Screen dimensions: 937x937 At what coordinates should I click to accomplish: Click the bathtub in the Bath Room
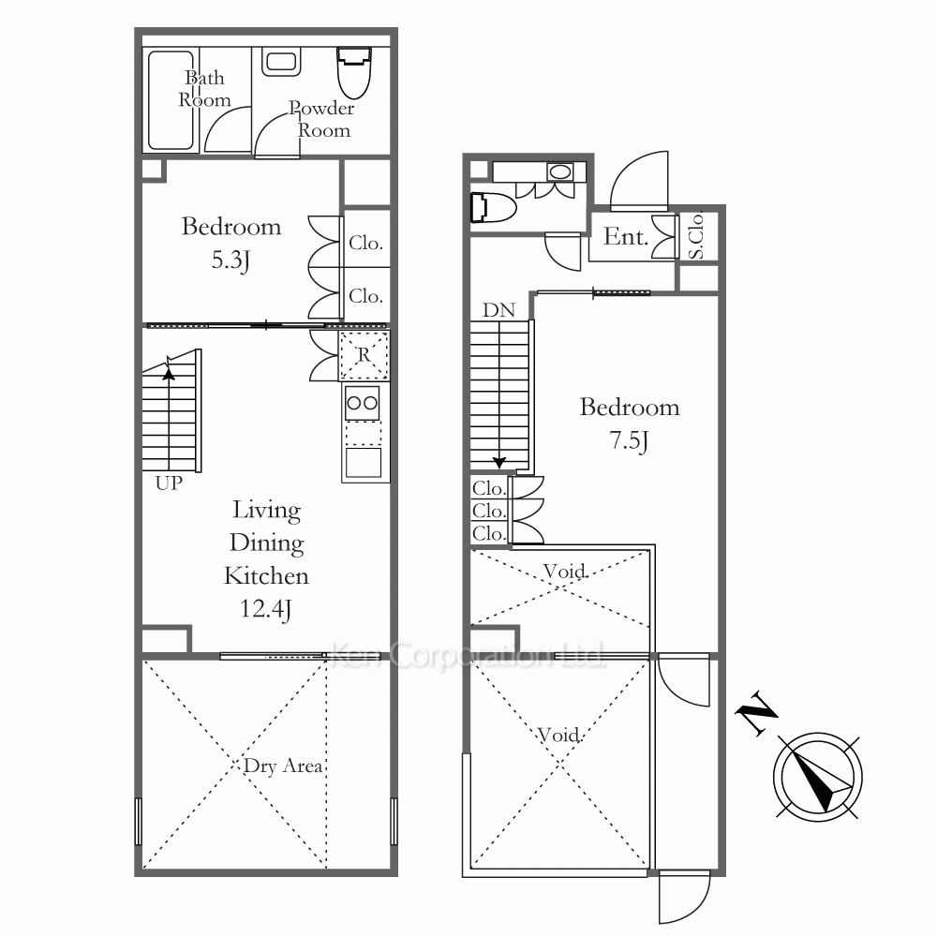click(171, 100)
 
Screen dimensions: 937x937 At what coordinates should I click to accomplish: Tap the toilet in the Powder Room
click(354, 72)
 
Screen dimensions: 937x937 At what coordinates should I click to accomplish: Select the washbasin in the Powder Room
click(281, 62)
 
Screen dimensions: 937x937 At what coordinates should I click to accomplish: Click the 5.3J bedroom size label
click(231, 260)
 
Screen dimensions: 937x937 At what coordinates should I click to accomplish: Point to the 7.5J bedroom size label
click(629, 441)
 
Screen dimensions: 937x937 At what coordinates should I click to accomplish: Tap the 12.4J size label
click(265, 609)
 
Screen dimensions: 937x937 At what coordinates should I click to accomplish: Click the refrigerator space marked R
click(364, 355)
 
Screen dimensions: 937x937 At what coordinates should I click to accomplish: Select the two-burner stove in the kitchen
click(362, 403)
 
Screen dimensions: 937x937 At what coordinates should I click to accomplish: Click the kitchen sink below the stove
click(364, 463)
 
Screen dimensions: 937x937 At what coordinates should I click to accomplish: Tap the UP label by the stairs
click(169, 483)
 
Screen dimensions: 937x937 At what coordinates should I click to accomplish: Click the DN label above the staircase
click(499, 310)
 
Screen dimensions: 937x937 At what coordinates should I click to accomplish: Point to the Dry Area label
click(283, 766)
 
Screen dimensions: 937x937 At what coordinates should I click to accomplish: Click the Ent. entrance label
click(626, 237)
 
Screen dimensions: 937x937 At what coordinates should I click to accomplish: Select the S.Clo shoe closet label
click(697, 236)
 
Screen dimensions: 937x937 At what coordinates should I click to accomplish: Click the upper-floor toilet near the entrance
click(493, 207)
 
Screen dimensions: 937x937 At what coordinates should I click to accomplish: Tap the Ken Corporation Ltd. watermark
click(468, 655)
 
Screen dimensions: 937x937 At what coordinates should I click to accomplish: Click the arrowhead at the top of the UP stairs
click(169, 374)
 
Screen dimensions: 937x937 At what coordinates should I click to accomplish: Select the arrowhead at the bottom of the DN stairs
click(499, 463)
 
